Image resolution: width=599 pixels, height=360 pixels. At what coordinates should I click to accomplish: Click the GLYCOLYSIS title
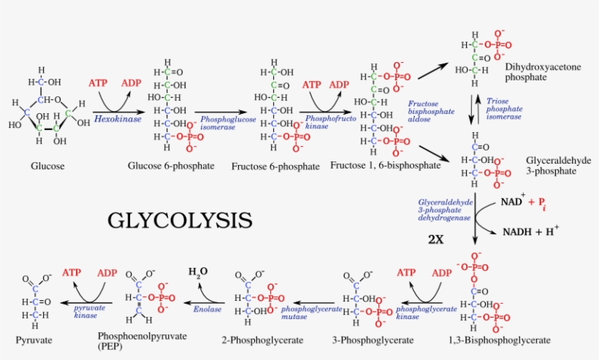coord(180,220)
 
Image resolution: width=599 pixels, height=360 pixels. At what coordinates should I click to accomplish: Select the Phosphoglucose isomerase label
coord(228,121)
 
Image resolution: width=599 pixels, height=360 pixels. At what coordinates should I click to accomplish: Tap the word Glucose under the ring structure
coord(47,166)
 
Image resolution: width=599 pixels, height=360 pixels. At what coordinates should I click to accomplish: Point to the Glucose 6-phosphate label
coord(171,166)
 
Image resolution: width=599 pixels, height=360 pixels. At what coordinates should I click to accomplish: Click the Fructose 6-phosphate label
coord(275,166)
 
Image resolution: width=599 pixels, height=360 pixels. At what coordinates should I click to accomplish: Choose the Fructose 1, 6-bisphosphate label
coord(385,166)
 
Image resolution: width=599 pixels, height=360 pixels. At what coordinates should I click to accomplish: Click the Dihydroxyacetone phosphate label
coord(543,72)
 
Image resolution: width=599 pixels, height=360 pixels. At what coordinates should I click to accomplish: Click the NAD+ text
coord(511,201)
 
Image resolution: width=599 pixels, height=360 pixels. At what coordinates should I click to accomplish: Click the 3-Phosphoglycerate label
coord(373,340)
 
